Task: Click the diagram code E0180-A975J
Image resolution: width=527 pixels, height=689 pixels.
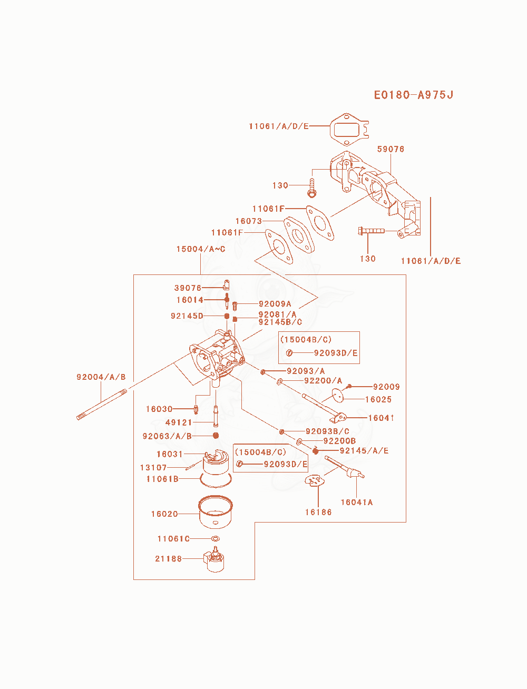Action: pyautogui.click(x=413, y=95)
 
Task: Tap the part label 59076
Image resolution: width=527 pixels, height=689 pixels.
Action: pyautogui.click(x=391, y=149)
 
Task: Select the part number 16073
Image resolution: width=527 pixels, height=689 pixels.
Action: pyautogui.click(x=248, y=221)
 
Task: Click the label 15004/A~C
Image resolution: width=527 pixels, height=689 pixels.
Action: pyautogui.click(x=201, y=249)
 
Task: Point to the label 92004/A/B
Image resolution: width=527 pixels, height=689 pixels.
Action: pyautogui.click(x=101, y=377)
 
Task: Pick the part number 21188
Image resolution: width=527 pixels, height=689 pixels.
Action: pyautogui.click(x=168, y=559)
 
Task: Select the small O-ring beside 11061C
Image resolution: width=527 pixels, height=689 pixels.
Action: pyautogui.click(x=216, y=539)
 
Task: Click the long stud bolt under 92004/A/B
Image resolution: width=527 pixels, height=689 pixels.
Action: pyautogui.click(x=102, y=405)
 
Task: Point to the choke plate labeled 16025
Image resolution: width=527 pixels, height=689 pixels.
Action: pyautogui.click(x=338, y=395)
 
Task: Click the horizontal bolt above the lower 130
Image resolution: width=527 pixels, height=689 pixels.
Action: pyautogui.click(x=371, y=231)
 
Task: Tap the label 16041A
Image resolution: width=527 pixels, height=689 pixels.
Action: pyautogui.click(x=356, y=502)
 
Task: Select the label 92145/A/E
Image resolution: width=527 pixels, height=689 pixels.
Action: pyautogui.click(x=364, y=451)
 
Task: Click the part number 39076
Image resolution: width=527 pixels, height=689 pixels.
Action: pyautogui.click(x=188, y=288)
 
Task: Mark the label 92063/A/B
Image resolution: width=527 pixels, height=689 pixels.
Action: pyautogui.click(x=167, y=436)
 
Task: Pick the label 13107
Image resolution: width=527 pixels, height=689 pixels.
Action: pyautogui.click(x=153, y=467)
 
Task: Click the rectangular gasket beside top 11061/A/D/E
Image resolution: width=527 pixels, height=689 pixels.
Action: pyautogui.click(x=349, y=130)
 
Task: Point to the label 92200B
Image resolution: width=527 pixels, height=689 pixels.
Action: pyautogui.click(x=339, y=441)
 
